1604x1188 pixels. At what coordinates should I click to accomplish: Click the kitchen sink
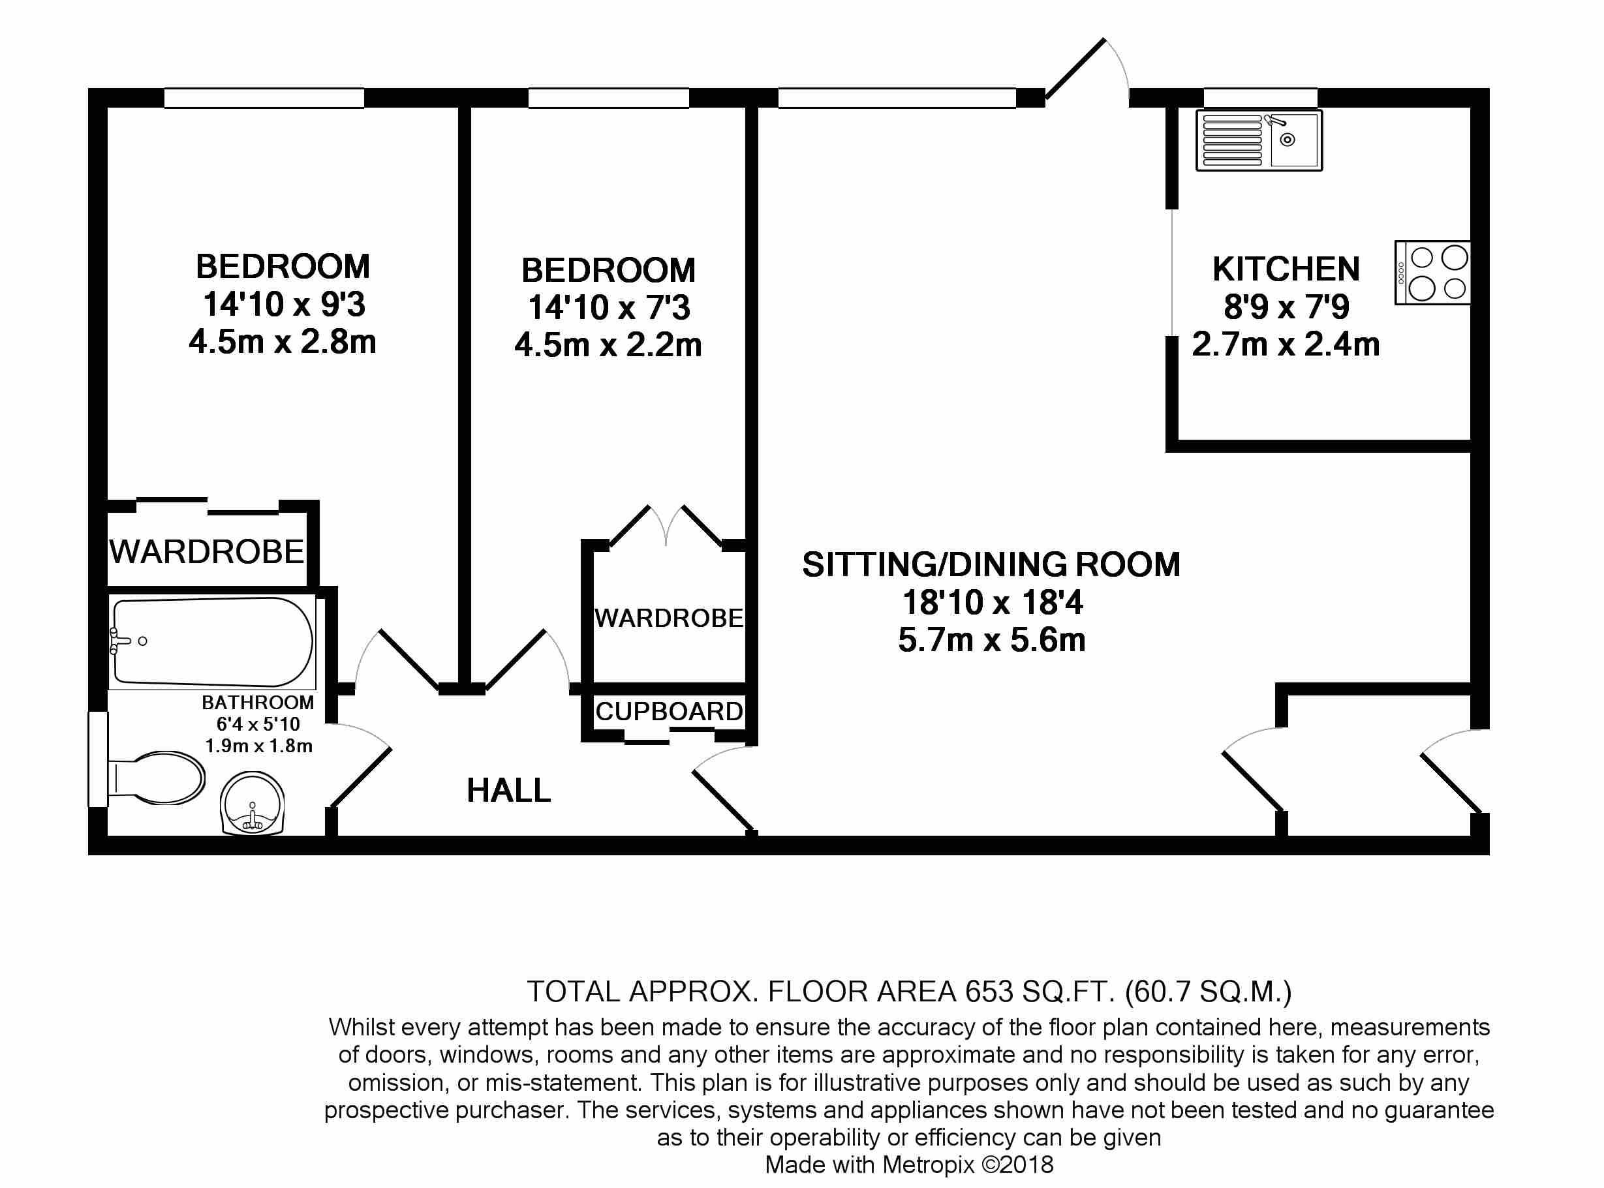pyautogui.click(x=1259, y=140)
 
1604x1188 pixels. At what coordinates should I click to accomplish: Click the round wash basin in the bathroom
pyautogui.click(x=253, y=803)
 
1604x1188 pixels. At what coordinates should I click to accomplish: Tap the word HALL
pyautogui.click(x=508, y=791)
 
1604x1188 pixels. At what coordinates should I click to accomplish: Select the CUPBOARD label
pyautogui.click(x=669, y=711)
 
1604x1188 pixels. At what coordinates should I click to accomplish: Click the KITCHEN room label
pyautogui.click(x=1286, y=269)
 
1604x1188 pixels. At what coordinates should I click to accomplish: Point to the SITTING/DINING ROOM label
pyautogui.click(x=991, y=564)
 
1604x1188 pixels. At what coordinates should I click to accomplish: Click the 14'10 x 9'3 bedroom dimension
pyautogui.click(x=284, y=304)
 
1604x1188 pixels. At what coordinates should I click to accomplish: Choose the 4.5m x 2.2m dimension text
pyautogui.click(x=608, y=346)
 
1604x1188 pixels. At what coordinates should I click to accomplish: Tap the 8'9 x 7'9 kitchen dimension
pyautogui.click(x=1286, y=307)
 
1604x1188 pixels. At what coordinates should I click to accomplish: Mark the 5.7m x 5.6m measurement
pyautogui.click(x=992, y=640)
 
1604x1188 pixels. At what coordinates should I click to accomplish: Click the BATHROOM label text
pyautogui.click(x=258, y=703)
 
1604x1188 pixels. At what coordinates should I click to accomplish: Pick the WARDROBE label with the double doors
pyautogui.click(x=669, y=618)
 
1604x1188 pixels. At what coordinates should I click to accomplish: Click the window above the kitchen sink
pyautogui.click(x=1260, y=97)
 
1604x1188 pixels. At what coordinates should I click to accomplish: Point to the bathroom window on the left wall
pyautogui.click(x=98, y=759)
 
